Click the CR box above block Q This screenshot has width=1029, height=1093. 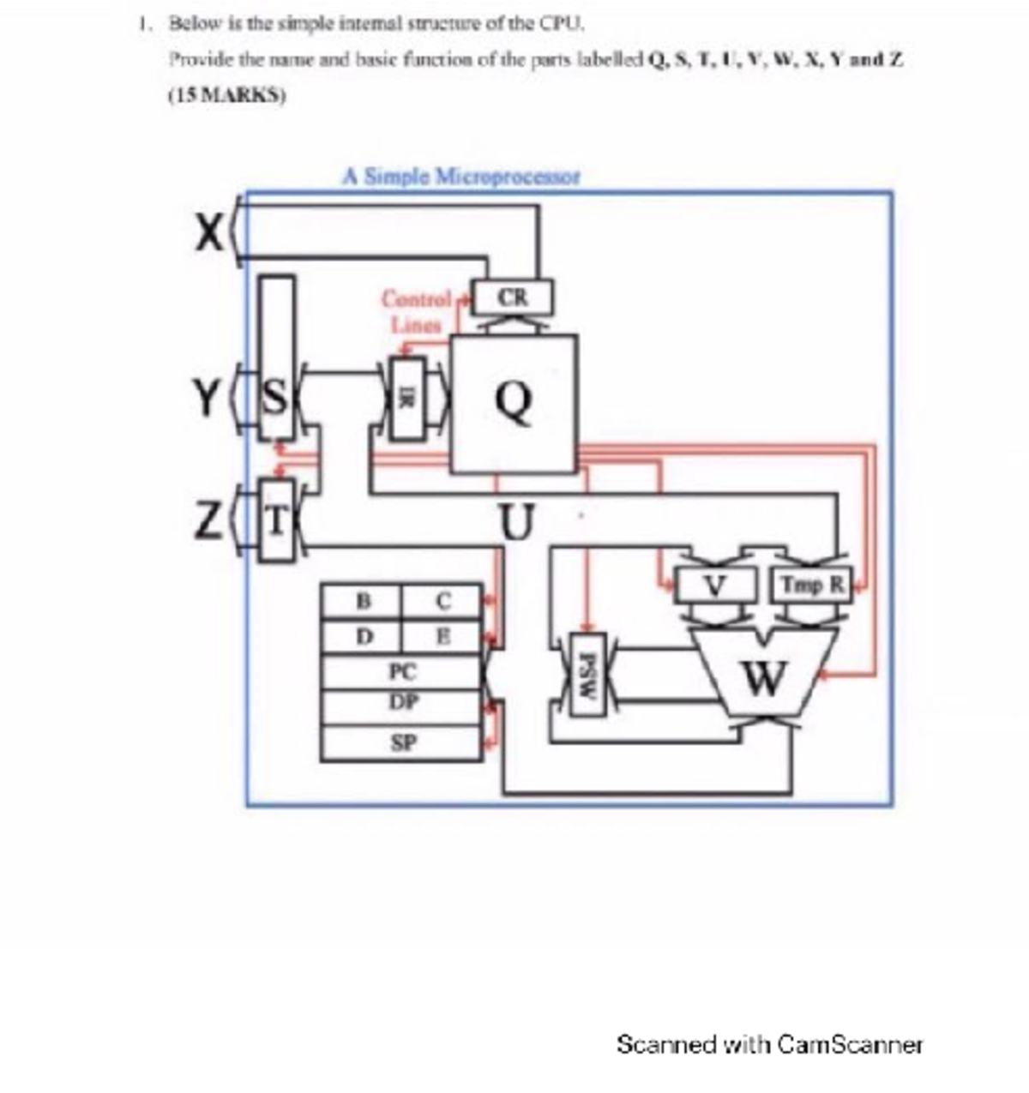[514, 297]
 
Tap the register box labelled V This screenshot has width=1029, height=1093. [716, 586]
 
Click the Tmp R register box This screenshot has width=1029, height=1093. [811, 586]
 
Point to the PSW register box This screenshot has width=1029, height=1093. [587, 674]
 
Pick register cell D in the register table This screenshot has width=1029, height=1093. [362, 637]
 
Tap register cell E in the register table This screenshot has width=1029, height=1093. [442, 637]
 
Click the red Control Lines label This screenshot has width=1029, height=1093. [416, 312]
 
